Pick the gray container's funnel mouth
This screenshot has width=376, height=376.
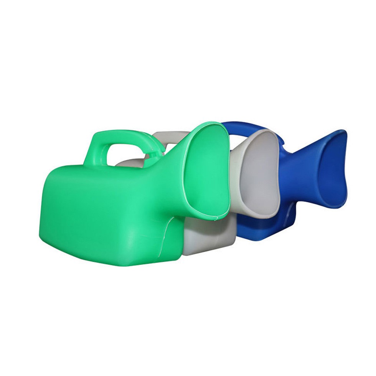(259, 173)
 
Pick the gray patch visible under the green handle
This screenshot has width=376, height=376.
(127, 163)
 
